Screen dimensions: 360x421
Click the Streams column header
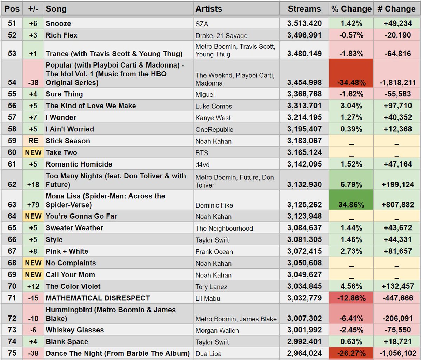pyautogui.click(x=304, y=9)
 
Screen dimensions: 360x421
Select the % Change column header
pyautogui.click(x=351, y=9)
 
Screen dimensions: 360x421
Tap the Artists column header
pyautogui.click(x=209, y=9)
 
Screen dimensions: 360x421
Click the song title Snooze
pyautogui.click(x=58, y=23)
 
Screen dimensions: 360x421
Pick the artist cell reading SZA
pyautogui.click(x=202, y=24)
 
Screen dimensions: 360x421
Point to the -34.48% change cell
pyautogui.click(x=351, y=83)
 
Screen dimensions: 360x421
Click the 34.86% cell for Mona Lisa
pyautogui.click(x=351, y=205)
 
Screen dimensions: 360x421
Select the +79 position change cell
pyautogui.click(x=33, y=205)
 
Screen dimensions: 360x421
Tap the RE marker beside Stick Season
pyautogui.click(x=33, y=141)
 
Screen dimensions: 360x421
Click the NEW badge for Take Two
pyautogui.click(x=33, y=152)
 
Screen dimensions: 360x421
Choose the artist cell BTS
pyautogui.click(x=202, y=153)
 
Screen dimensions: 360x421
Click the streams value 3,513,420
pyautogui.click(x=304, y=23)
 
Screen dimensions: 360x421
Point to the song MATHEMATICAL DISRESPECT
pyautogui.click(x=98, y=298)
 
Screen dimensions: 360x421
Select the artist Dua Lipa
pyautogui.click(x=208, y=354)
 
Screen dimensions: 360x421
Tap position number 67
pyautogui.click(x=12, y=251)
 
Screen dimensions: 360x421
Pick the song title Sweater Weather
pyautogui.click(x=74, y=228)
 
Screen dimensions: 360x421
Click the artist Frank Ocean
pyautogui.click(x=214, y=252)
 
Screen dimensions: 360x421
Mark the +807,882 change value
pyautogui.click(x=397, y=205)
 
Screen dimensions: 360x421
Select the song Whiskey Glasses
pyautogui.click(x=75, y=330)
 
